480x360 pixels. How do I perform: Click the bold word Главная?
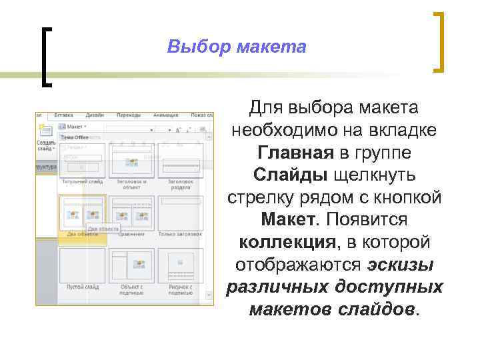pos(295,153)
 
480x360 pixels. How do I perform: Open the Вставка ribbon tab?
pos(64,115)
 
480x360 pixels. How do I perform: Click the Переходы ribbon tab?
pos(128,115)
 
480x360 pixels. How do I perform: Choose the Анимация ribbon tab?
pos(165,115)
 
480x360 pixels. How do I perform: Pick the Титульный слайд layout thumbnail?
pos(81,160)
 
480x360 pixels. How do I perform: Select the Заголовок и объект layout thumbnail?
pos(132,160)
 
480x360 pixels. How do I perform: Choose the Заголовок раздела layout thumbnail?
pos(181,160)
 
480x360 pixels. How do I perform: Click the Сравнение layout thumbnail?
pos(132,213)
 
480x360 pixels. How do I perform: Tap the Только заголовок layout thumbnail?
pos(181,213)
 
